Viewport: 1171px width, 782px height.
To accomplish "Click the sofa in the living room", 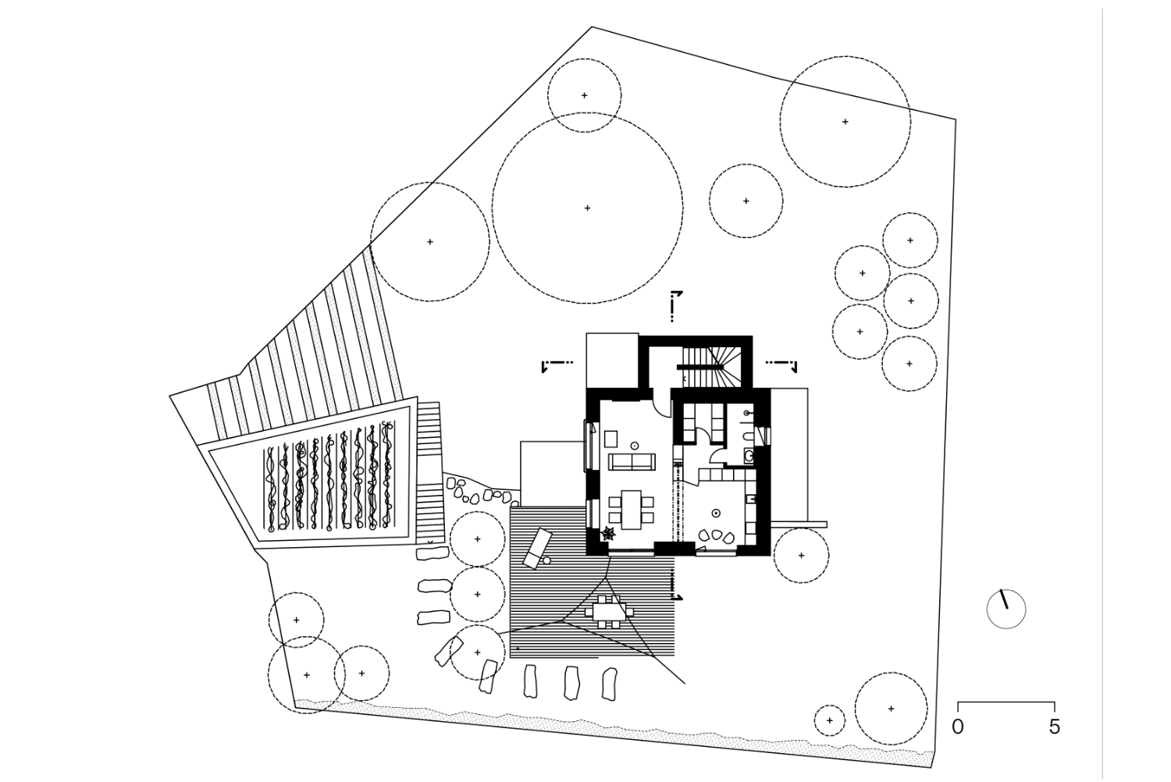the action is [632, 461].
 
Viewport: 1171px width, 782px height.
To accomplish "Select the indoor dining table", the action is [632, 510].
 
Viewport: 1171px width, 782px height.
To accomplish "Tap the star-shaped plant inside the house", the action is [608, 534].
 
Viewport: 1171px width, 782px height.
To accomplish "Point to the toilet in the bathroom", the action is [748, 436].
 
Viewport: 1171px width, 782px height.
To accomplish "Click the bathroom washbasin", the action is [749, 456].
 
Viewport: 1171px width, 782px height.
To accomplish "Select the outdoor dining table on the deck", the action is [609, 611].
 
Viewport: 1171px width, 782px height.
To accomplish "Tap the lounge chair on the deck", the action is [537, 549].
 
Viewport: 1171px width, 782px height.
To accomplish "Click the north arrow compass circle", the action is [1006, 609].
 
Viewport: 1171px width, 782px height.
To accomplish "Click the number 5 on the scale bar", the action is [1054, 727].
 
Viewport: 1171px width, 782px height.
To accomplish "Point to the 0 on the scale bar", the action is [957, 727].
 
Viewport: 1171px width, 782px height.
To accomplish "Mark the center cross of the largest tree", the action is [587, 208].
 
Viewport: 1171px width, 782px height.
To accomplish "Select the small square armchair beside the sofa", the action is [611, 439].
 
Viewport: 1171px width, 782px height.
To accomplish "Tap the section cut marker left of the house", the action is [557, 365].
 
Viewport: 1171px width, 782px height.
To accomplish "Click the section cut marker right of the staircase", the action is [781, 365].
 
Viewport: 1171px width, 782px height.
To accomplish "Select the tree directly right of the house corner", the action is [801, 556].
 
